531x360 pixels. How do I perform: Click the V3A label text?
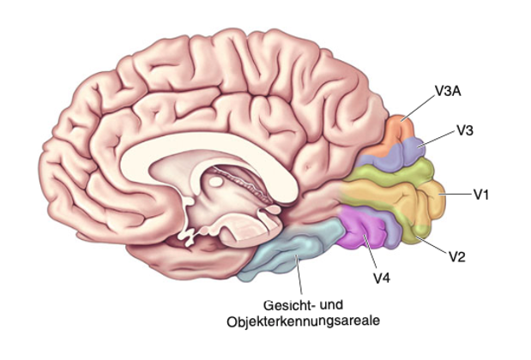click(448, 92)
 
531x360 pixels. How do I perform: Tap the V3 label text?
click(465, 130)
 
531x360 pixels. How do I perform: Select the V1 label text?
click(481, 195)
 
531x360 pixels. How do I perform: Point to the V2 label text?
click(457, 257)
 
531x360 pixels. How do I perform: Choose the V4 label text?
click(382, 278)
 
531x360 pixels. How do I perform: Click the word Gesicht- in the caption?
click(288, 305)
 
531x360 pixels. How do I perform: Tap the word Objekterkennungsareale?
click(303, 321)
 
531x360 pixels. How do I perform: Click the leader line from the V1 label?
click(456, 195)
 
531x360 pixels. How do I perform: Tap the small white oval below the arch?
click(215, 182)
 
